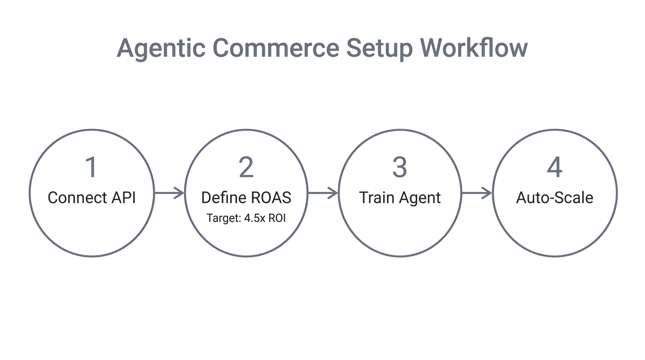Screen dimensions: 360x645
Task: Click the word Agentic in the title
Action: [x=160, y=48]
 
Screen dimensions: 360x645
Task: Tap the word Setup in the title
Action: [x=380, y=48]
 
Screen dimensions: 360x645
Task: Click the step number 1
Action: [x=91, y=167]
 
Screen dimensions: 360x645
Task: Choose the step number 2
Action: [x=246, y=167]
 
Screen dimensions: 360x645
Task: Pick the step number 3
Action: [x=399, y=167]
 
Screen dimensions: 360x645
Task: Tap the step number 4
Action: [x=555, y=167]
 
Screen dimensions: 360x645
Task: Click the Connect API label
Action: [x=91, y=198]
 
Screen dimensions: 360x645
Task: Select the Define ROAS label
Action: [x=246, y=198]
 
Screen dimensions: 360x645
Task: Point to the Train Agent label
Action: [x=399, y=198]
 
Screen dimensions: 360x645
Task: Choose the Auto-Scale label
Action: [x=555, y=198]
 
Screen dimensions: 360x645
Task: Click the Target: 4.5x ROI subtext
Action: [x=246, y=218]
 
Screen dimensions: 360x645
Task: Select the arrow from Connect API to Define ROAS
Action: [x=169, y=193]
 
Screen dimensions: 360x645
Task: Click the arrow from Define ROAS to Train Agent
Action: [x=323, y=193]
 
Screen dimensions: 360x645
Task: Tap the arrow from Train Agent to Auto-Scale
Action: [x=477, y=193]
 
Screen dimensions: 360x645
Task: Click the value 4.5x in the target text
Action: [x=255, y=218]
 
